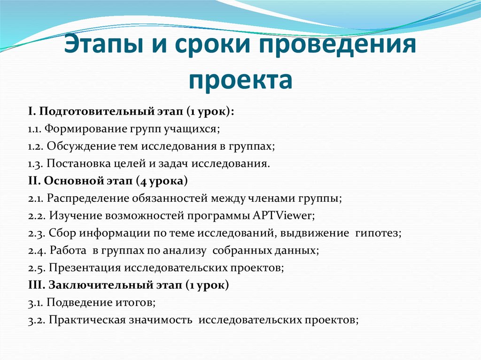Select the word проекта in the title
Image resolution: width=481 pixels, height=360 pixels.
240,80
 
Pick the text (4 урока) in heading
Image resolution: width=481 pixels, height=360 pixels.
162,181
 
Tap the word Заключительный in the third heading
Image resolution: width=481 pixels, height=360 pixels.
95,285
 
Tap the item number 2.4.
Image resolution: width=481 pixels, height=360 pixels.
36,251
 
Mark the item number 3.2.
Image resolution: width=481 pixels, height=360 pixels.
36,320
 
